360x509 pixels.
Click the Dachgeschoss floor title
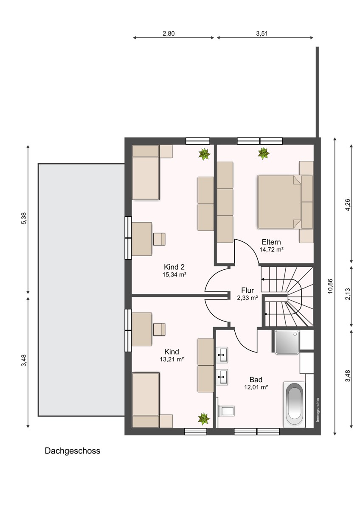pyautogui.click(x=72, y=451)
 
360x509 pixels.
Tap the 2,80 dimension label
pyautogui.click(x=169, y=34)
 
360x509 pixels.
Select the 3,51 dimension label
pyautogui.click(x=262, y=34)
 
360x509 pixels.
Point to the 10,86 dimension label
pyautogui.click(x=330, y=286)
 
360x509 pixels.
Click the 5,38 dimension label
pyautogui.click(x=24, y=218)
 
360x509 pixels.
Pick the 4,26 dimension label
pyautogui.click(x=348, y=205)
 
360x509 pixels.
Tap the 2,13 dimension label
pyautogui.click(x=348, y=294)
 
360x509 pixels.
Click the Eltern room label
pyautogui.click(x=271, y=242)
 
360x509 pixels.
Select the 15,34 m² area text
pyautogui.click(x=174, y=274)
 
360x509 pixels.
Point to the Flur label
pyautogui.click(x=247, y=290)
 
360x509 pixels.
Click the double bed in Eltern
pyautogui.click(x=285, y=201)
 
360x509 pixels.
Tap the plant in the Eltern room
pyautogui.click(x=264, y=153)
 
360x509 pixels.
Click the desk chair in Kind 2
pyautogui.click(x=159, y=239)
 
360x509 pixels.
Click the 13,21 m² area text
pyautogui.click(x=172, y=359)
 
